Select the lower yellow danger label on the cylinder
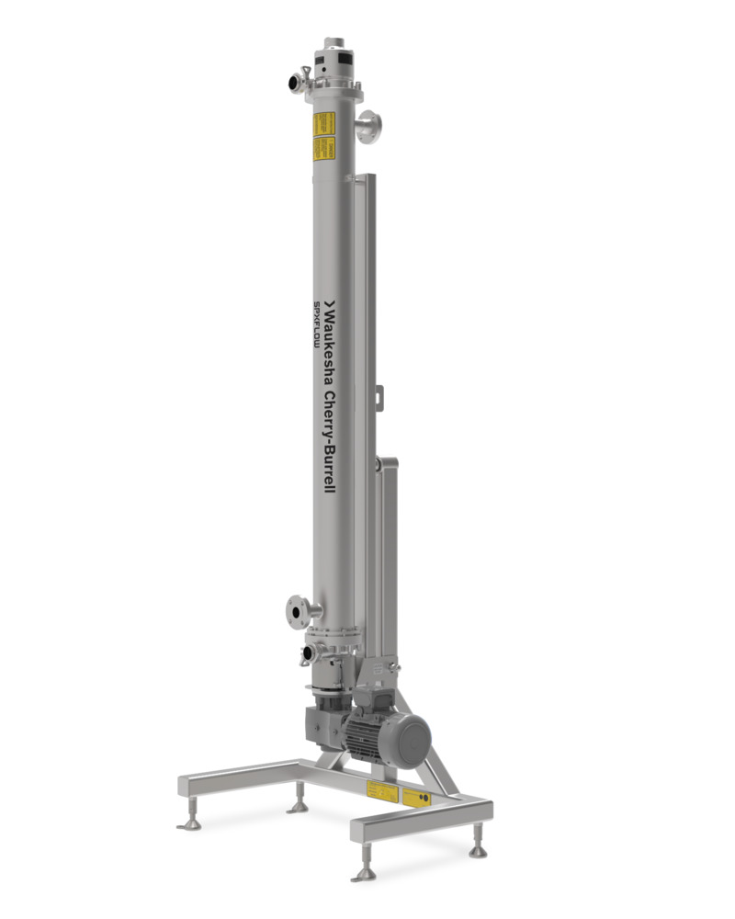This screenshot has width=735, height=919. coord(322,148)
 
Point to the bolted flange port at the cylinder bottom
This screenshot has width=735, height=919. coord(296,609)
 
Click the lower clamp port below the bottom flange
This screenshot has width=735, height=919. coord(309,653)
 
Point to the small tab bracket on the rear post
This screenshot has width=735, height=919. coord(377,397)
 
